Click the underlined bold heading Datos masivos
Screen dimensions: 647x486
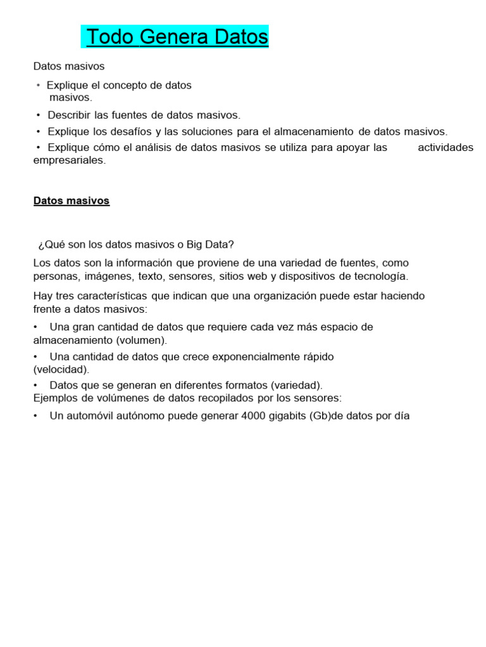click(72, 201)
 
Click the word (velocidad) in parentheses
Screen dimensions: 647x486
click(61, 370)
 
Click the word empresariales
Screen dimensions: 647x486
click(70, 160)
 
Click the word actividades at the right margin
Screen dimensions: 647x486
click(445, 147)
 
